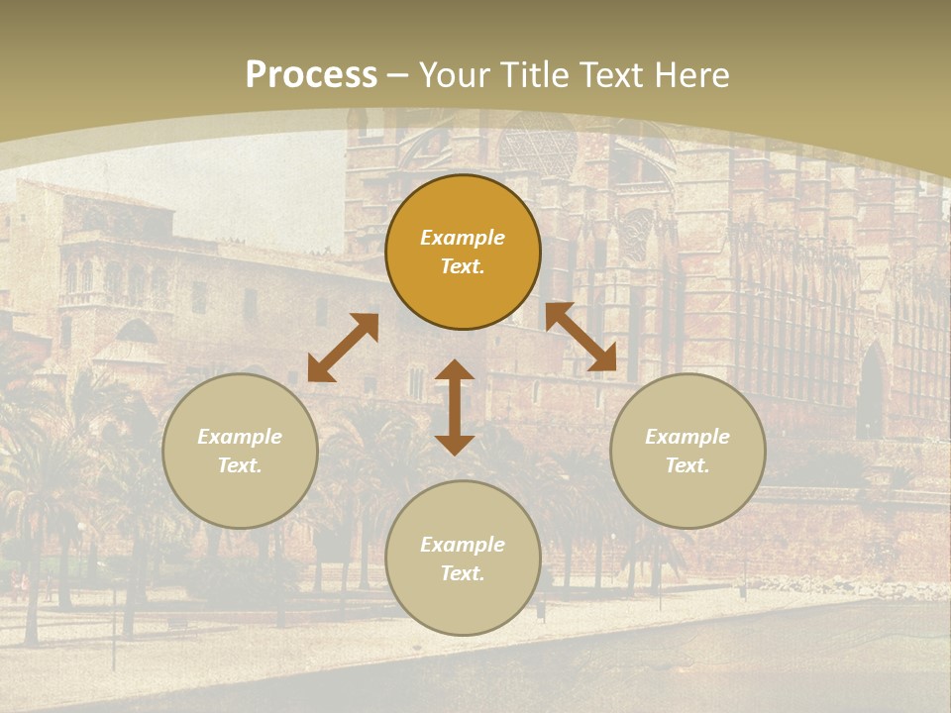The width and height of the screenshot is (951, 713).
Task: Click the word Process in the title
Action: click(311, 75)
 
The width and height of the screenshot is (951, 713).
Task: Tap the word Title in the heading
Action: click(537, 75)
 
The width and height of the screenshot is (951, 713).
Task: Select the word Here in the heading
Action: click(691, 75)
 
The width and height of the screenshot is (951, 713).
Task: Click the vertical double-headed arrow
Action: click(455, 407)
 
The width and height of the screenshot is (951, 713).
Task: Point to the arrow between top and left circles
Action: click(343, 348)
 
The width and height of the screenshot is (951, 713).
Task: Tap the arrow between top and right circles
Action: click(581, 337)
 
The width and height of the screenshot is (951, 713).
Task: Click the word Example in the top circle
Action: click(463, 238)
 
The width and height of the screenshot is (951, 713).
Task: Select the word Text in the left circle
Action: click(240, 465)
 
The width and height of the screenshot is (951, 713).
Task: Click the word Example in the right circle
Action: click(687, 437)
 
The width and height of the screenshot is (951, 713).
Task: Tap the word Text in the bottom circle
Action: click(463, 573)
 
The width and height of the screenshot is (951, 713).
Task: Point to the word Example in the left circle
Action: click(240, 437)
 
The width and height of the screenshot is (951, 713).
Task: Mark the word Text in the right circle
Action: click(687, 465)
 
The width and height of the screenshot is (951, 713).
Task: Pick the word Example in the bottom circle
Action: click(463, 545)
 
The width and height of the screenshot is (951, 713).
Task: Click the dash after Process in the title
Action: click(398, 75)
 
